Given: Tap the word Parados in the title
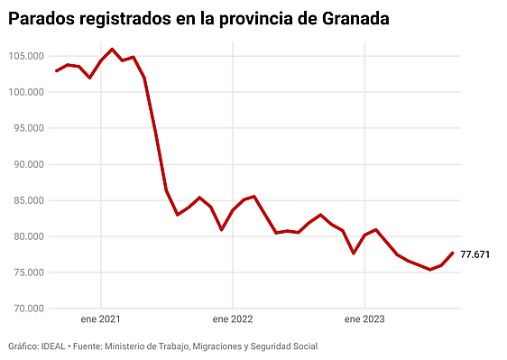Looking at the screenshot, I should coord(44,18).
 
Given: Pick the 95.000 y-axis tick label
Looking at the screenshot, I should coord(28,128).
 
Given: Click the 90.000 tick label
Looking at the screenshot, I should coord(28,164).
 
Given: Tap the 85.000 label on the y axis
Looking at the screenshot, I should coord(28,200).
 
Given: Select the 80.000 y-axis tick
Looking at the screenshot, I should coord(28,236).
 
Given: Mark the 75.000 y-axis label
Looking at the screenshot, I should coord(28,272).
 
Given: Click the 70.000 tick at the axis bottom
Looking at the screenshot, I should coord(28,309).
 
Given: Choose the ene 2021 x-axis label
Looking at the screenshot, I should coord(100,319).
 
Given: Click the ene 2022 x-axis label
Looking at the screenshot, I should coord(232,319).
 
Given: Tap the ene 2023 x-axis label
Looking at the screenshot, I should coord(364,319).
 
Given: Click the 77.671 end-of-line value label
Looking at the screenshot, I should coord(475,254).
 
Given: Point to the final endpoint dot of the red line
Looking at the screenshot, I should coord(452,254).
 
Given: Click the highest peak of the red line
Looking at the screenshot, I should coord(112,50).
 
